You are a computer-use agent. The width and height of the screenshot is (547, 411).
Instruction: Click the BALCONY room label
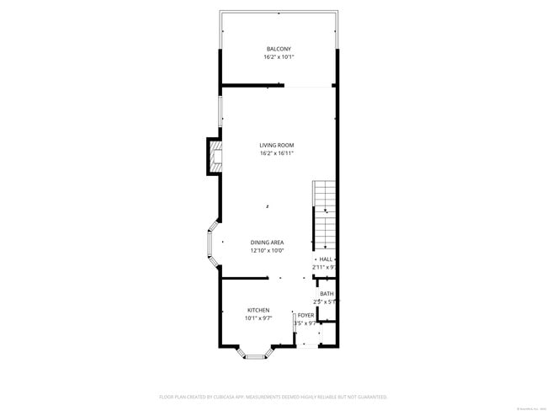tap(279, 49)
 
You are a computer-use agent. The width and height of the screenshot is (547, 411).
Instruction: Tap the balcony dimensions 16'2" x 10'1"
tap(279, 57)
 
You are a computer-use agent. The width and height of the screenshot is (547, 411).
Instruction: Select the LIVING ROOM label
tap(277, 145)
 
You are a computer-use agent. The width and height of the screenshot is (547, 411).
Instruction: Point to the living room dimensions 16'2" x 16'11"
tap(277, 153)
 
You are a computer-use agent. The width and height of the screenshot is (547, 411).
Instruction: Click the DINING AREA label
tap(267, 243)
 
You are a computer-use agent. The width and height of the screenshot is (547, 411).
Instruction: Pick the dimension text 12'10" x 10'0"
tap(267, 251)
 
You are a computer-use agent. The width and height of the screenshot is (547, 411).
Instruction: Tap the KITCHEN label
tap(258, 310)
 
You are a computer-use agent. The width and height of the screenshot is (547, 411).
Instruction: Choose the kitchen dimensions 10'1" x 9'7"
tap(258, 318)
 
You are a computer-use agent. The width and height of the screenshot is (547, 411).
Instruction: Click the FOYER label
tap(305, 314)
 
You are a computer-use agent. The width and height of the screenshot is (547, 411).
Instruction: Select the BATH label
tap(327, 293)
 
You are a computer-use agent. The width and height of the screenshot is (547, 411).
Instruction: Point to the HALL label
tap(327, 259)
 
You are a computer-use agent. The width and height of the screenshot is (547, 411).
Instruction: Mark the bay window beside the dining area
tap(212, 243)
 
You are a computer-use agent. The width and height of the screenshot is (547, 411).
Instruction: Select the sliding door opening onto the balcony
tap(308, 85)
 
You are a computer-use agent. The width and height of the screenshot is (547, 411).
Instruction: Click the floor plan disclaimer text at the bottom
tap(273, 396)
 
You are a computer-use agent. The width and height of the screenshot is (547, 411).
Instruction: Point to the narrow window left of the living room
tap(220, 112)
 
